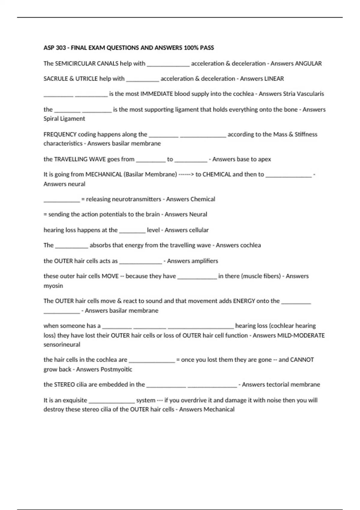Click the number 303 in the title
point(61,48)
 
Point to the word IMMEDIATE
point(157,94)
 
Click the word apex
point(264,159)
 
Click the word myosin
point(53,286)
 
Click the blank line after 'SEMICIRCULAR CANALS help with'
point(168,65)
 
